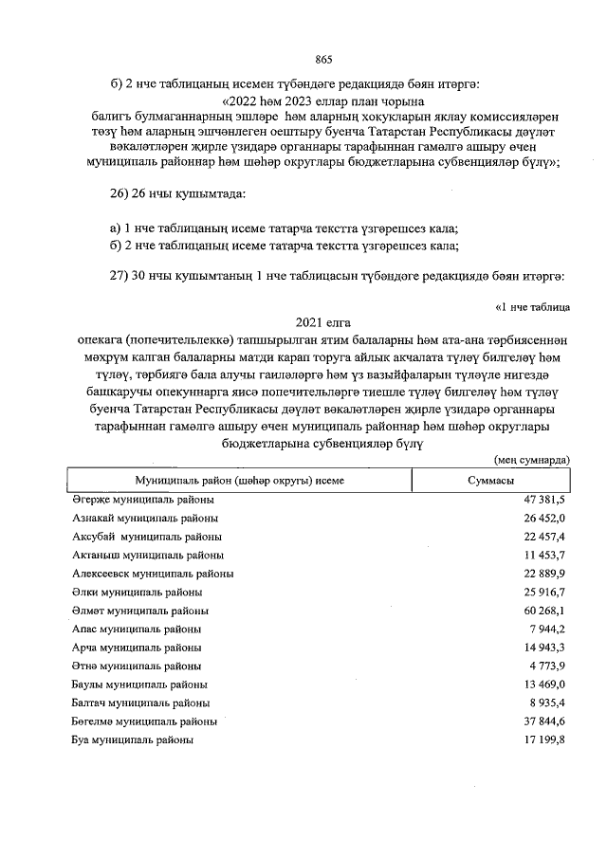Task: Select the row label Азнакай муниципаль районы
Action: click(x=145, y=519)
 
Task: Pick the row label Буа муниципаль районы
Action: click(x=134, y=739)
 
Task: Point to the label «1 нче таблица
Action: click(x=532, y=305)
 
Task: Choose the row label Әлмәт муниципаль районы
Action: click(x=140, y=610)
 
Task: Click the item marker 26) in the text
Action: click(x=121, y=194)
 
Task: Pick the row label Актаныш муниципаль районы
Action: click(x=148, y=555)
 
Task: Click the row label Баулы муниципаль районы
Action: click(x=139, y=684)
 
